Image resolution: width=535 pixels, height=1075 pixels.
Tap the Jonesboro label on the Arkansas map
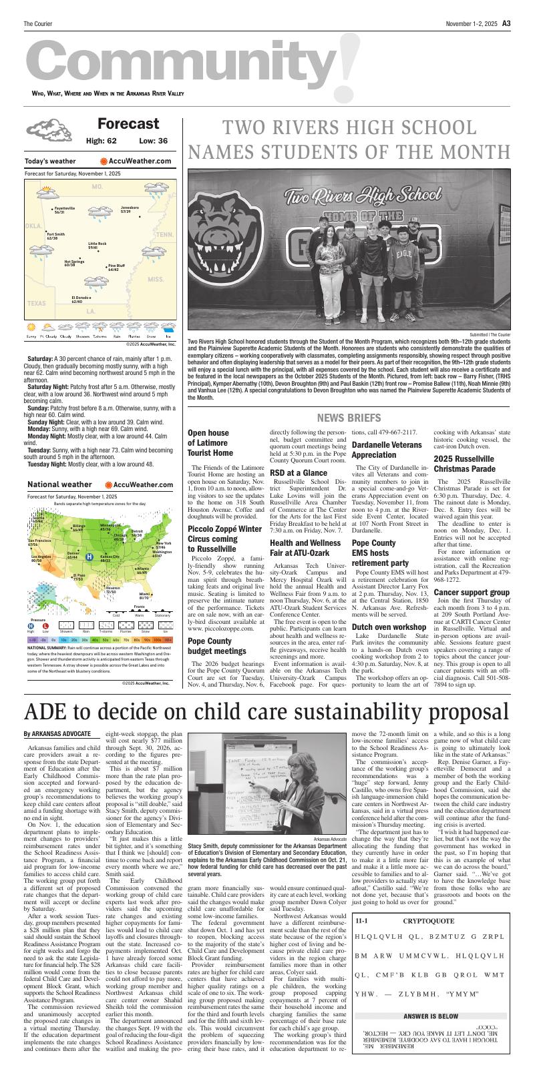pos(130,210)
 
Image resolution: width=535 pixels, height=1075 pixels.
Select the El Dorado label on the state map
pos(81,299)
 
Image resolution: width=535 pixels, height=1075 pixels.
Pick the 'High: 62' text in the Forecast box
pos(101,141)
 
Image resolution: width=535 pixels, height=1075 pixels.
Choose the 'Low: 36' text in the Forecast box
pos(153,141)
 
